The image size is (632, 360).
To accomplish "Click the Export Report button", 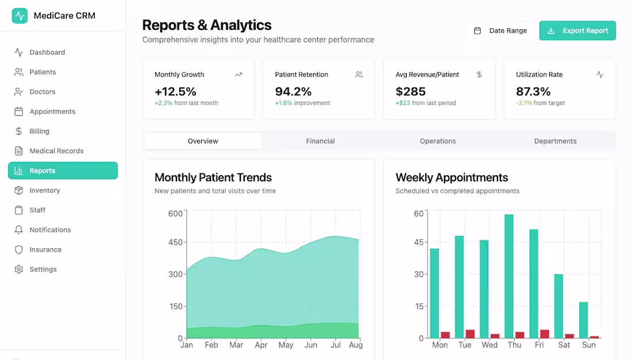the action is coord(577,30).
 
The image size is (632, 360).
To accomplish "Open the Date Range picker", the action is coord(500,30).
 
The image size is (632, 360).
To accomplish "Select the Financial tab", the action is coord(320,141).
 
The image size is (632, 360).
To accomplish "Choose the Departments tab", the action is coord(555,141).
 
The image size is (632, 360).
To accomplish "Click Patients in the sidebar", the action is coord(43,72).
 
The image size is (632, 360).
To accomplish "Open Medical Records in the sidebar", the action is coord(56,151).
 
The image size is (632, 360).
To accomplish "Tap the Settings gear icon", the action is coord(18,269).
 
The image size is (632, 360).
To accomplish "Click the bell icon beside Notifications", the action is coord(18,230).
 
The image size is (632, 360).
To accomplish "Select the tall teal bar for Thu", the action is coord(509,276).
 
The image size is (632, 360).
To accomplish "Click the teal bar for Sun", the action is coord(583,320).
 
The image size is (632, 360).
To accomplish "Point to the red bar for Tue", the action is coord(470,334).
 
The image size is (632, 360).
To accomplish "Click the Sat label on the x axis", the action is coord(564,345).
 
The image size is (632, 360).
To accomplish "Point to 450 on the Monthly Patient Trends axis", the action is coord(175,242).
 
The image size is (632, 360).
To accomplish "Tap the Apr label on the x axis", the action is coord(261,345).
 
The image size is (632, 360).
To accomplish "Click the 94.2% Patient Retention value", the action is coord(293,91).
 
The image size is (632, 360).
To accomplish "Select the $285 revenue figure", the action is coord(410,91).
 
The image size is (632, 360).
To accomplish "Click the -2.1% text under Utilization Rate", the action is coord(524,103).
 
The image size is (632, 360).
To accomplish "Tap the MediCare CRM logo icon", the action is coord(20,16).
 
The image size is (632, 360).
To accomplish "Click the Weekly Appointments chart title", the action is coord(452,177).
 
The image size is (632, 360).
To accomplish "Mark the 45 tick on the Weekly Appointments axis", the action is coord(419,242).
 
